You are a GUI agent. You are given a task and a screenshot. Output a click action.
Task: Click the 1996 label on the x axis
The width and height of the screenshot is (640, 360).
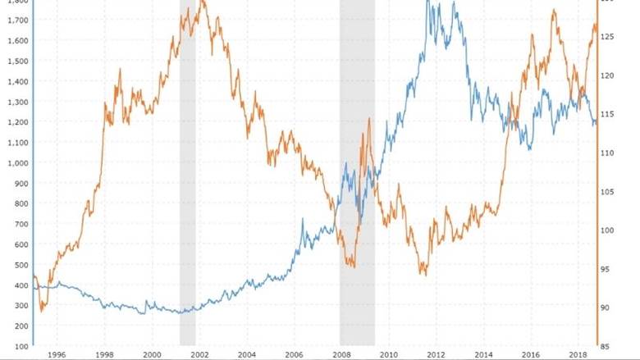click(x=56, y=354)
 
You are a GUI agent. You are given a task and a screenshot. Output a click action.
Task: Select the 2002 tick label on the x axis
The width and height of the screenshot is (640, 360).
click(x=199, y=354)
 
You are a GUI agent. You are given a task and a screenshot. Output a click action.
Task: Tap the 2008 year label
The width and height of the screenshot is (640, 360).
click(x=343, y=354)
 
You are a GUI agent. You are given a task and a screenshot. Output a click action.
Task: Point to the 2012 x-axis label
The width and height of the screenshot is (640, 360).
click(x=439, y=354)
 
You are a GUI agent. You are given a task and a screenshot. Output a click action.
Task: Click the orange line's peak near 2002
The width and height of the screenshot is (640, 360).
click(x=203, y=2)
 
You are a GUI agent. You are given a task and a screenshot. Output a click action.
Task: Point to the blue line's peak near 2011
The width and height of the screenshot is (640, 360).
click(x=427, y=2)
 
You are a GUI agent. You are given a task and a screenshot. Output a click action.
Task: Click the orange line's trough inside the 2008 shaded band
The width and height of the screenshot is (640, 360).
click(x=353, y=267)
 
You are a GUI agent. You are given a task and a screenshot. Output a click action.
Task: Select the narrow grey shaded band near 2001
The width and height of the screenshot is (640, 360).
click(x=188, y=172)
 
